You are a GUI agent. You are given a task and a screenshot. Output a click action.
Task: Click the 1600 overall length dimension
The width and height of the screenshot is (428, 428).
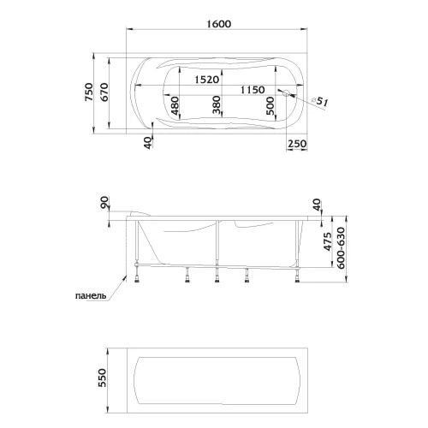tap(218, 24)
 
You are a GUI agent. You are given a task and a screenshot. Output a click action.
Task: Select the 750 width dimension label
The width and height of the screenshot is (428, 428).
tap(89, 92)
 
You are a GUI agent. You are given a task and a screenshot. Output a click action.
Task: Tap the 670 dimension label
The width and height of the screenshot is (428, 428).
tap(104, 92)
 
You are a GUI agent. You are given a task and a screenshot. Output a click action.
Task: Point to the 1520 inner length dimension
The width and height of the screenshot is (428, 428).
tap(207, 80)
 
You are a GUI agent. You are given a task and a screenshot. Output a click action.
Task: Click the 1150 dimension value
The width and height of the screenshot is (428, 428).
tap(253, 90)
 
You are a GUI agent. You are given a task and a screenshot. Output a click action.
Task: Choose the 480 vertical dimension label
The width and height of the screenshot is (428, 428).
tap(175, 105)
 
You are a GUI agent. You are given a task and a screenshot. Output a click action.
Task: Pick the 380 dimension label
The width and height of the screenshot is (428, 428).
tap(217, 104)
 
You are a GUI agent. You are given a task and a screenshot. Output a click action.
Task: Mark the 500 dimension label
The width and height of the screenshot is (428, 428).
tap(270, 106)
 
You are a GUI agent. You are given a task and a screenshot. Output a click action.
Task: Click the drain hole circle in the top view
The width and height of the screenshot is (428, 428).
tap(286, 92)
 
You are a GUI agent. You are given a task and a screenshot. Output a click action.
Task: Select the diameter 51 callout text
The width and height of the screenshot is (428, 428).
tap(319, 102)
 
